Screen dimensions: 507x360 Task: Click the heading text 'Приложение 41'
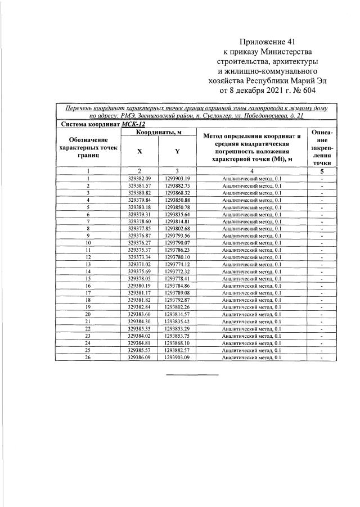[267, 42]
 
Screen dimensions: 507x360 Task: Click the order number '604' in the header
[309, 89]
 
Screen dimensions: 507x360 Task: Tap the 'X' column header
[139, 151]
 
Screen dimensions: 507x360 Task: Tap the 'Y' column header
[177, 151]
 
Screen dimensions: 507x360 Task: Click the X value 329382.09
[139, 178]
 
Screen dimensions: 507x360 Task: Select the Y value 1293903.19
[178, 178]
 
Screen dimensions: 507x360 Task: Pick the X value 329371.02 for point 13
[139, 264]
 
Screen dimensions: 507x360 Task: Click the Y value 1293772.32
[178, 271]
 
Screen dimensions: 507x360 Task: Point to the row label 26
[88, 357]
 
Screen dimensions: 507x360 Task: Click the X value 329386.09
[139, 357]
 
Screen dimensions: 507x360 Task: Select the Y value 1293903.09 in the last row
[178, 357]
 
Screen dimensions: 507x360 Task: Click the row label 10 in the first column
[88, 242]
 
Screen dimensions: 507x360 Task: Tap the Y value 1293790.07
[178, 242]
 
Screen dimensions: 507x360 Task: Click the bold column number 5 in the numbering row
[322, 171]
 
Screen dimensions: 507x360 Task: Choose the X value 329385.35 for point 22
[139, 328]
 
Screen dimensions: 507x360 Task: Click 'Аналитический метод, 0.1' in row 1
[251, 178]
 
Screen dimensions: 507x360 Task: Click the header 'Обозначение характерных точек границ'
[89, 147]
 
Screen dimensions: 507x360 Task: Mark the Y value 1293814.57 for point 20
[178, 314]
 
